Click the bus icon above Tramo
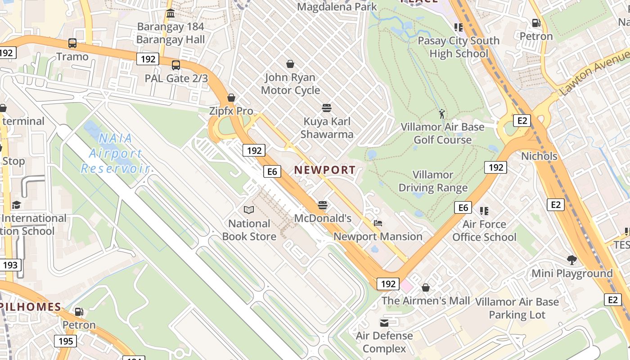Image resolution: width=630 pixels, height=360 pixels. [x=72, y=43]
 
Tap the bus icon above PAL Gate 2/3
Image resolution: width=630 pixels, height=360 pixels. [x=176, y=65]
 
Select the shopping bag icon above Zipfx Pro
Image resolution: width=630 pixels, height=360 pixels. [x=231, y=98]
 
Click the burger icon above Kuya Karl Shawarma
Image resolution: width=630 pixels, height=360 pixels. [x=327, y=108]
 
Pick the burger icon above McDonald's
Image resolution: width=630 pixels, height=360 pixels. [x=322, y=205]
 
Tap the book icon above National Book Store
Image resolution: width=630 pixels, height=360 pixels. [x=249, y=210]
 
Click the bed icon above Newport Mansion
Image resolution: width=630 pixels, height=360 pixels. [x=378, y=223]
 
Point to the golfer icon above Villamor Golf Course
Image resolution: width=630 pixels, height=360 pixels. [x=442, y=113]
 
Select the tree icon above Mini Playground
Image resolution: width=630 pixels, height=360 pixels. [x=572, y=260]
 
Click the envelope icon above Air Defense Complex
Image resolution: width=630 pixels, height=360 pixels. [x=384, y=323]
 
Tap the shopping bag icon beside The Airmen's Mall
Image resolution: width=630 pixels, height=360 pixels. [x=426, y=287]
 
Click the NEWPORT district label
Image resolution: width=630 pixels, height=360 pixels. [x=325, y=170]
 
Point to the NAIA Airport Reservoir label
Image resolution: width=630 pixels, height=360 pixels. [x=115, y=153]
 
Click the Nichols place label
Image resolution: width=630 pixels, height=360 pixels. [x=539, y=156]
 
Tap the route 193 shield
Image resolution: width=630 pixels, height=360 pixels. [x=10, y=265]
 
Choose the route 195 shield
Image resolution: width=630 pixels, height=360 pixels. [x=66, y=341]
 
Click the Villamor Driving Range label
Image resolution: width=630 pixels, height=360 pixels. [x=433, y=181]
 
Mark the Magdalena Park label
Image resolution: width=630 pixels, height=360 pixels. [x=337, y=7]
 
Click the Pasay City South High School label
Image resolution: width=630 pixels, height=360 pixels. [x=459, y=47]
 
